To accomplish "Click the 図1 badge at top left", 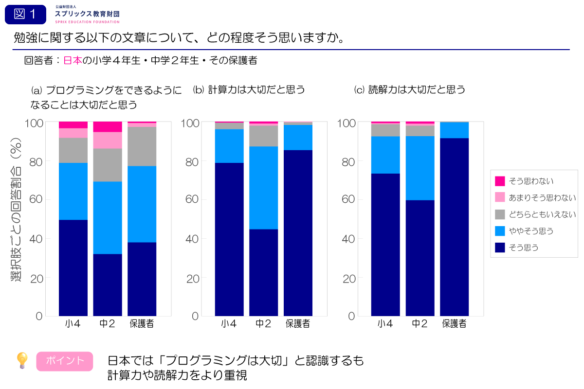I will click(x=25, y=15).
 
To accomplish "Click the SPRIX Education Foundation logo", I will click(x=87, y=15).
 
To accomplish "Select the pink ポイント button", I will click(x=65, y=361).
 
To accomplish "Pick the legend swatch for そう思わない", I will click(x=500, y=181).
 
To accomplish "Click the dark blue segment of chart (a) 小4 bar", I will click(x=73, y=267).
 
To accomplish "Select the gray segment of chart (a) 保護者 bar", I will click(x=142, y=146).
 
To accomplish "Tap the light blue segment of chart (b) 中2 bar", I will click(x=263, y=188).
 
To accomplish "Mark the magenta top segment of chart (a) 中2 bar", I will click(x=108, y=126).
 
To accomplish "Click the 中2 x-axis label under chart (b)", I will click(x=263, y=324).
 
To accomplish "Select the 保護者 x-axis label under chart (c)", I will click(x=454, y=324).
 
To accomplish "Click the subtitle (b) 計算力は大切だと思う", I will click(x=249, y=89).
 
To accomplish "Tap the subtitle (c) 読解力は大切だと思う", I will click(x=410, y=89).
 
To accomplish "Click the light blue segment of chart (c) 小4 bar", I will click(x=385, y=155).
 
